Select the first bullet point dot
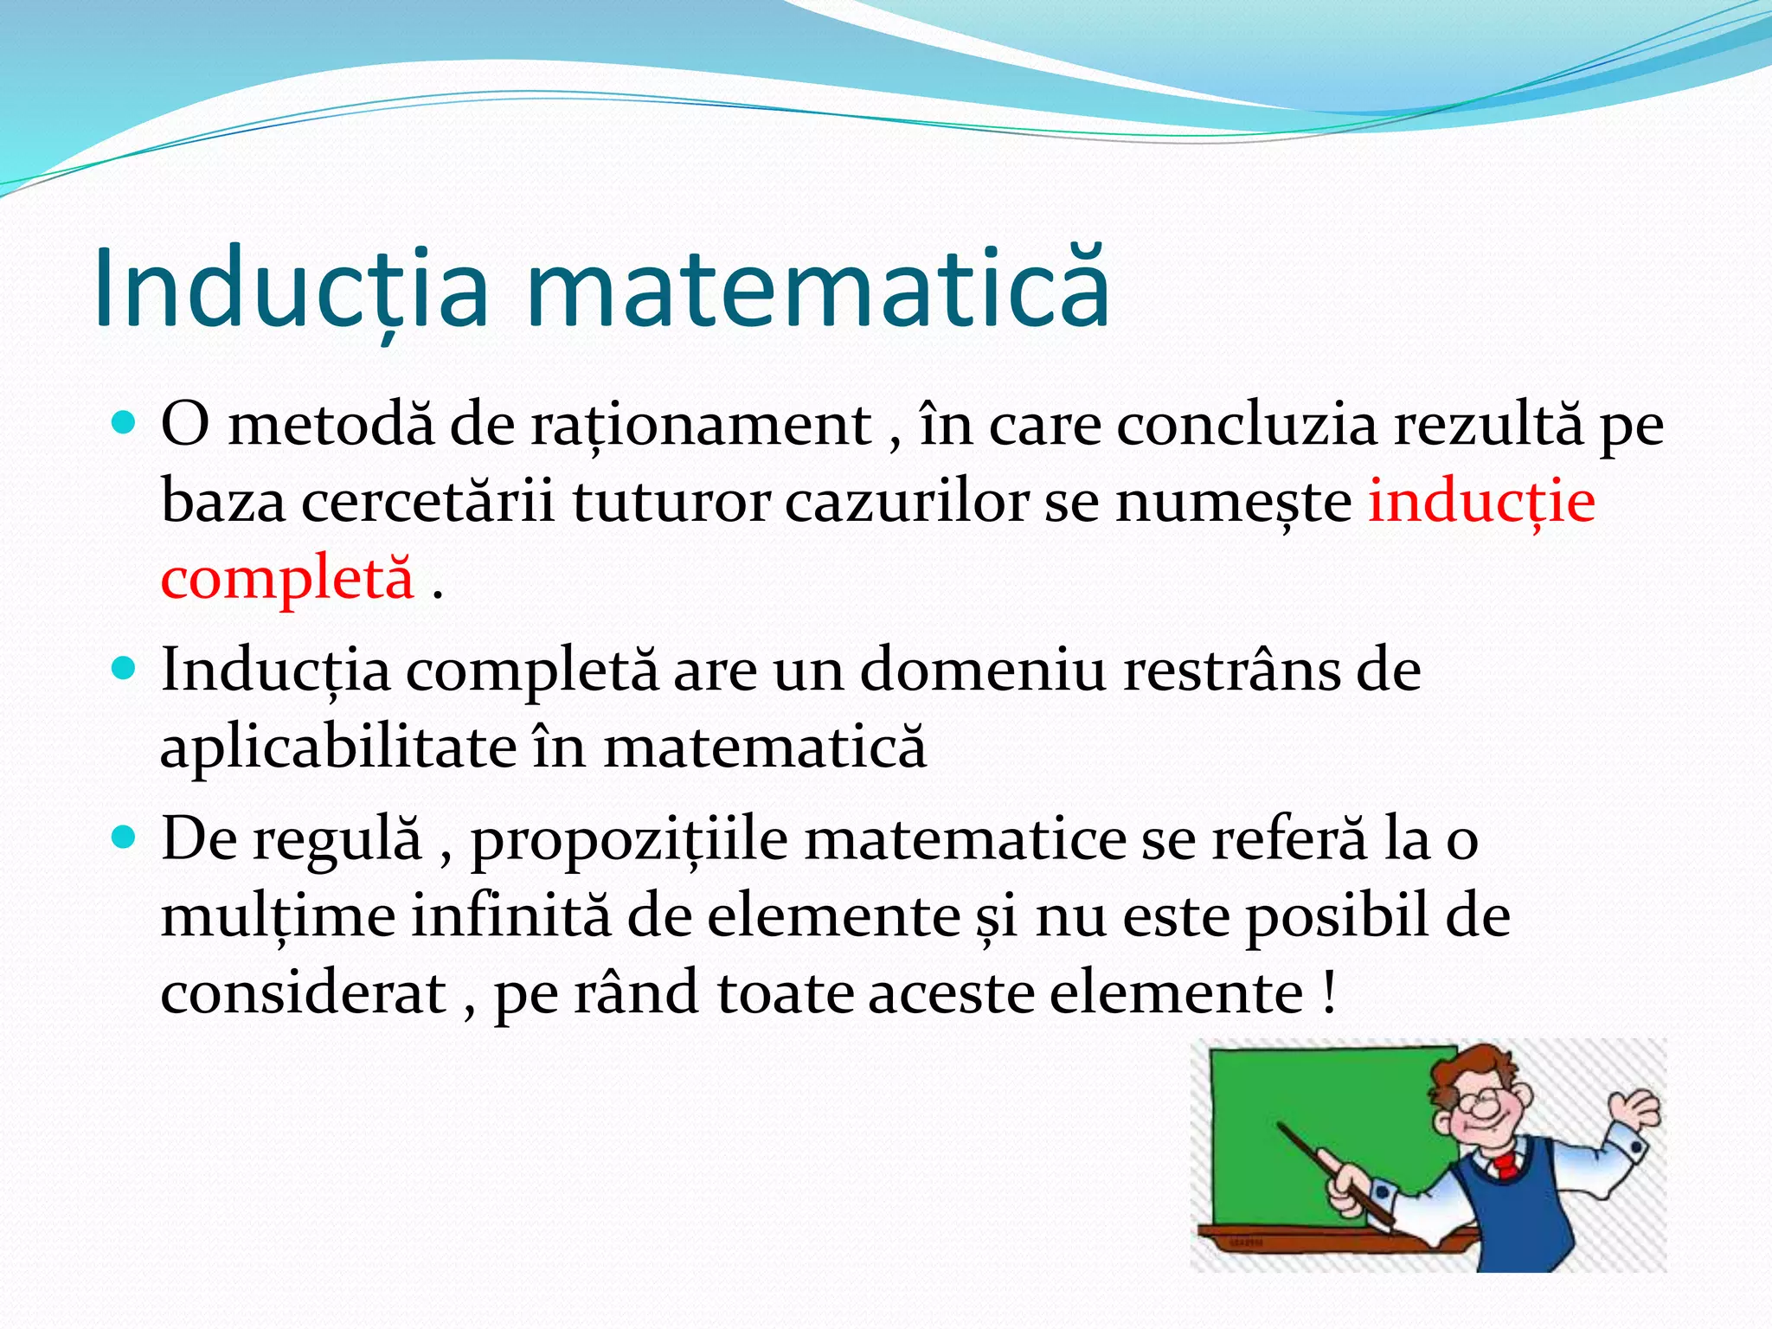125,424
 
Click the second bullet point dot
125,669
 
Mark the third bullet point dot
125,838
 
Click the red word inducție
1481,502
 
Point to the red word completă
288,578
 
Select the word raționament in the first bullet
702,426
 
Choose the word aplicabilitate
338,748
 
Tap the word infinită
510,915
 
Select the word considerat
303,992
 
